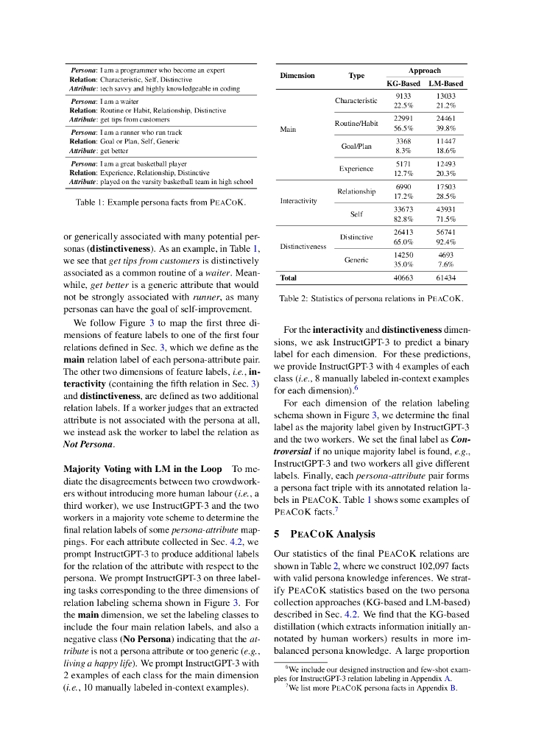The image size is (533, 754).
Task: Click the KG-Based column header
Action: coord(403,84)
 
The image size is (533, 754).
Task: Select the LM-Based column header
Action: coord(445,84)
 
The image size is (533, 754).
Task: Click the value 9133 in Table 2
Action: coord(403,96)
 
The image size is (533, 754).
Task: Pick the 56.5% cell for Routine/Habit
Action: coord(403,127)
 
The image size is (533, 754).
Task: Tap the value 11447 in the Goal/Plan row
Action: coord(445,141)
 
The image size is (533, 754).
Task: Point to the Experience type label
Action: coord(356,169)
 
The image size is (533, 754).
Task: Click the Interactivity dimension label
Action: coord(299,200)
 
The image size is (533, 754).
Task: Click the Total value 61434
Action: coord(445,278)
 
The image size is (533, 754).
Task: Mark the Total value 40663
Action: coord(403,278)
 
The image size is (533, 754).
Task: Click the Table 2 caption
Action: coord(371,299)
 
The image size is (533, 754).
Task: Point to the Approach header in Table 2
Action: coord(425,71)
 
